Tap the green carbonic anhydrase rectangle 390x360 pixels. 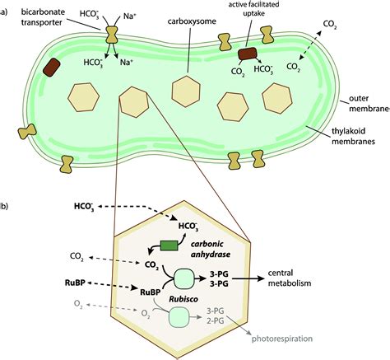169,244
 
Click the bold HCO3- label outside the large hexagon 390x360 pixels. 86,206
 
